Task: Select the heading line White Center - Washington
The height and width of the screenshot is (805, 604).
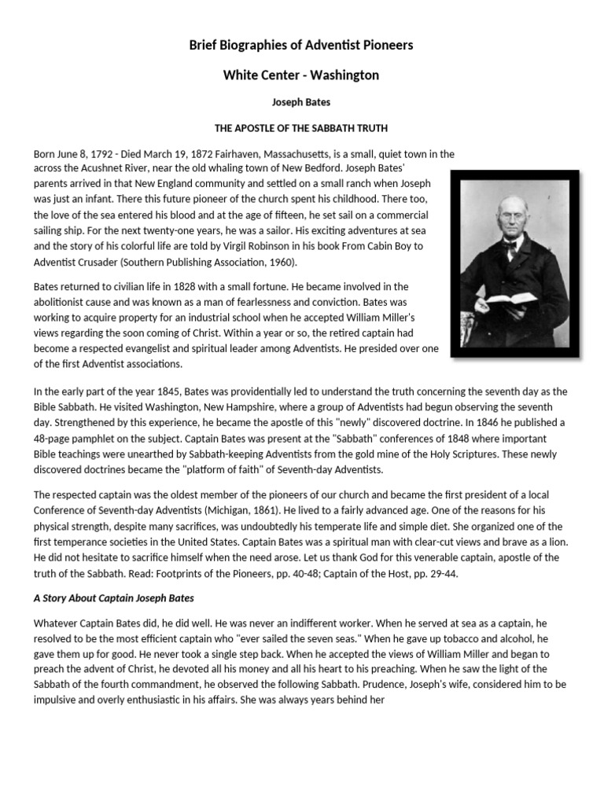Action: [x=301, y=75]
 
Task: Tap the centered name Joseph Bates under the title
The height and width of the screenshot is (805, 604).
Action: [x=301, y=101]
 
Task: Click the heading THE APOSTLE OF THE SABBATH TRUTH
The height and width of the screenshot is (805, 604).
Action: [x=301, y=127]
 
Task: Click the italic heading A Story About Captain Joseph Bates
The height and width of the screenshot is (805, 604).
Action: [x=114, y=598]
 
